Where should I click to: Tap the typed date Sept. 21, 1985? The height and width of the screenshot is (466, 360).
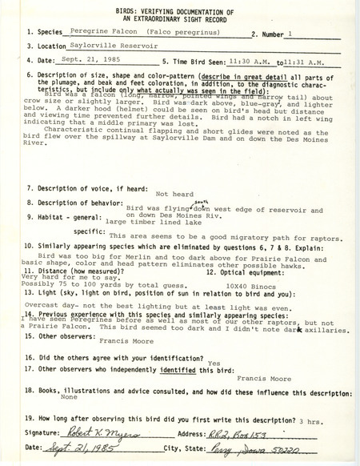click(x=86, y=61)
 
